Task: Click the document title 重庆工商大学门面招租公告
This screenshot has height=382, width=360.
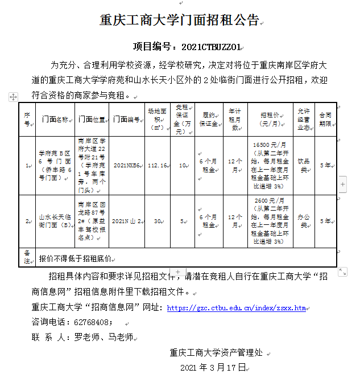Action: coord(179,20)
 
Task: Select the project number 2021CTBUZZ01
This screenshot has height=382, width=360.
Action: coord(211,46)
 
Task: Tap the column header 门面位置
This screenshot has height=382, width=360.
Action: coord(91,120)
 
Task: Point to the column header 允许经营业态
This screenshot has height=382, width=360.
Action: coord(303,120)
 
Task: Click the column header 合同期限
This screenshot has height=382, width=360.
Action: coord(325,119)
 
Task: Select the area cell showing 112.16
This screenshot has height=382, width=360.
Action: coord(156,166)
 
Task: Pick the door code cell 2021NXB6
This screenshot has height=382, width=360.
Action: coord(126,166)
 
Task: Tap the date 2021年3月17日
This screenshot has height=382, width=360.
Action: coord(212,368)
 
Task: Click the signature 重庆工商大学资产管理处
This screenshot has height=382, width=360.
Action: coord(216,352)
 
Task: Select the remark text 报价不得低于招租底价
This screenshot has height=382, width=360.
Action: coord(75,258)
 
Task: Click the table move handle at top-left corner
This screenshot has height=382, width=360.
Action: coord(13,97)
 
